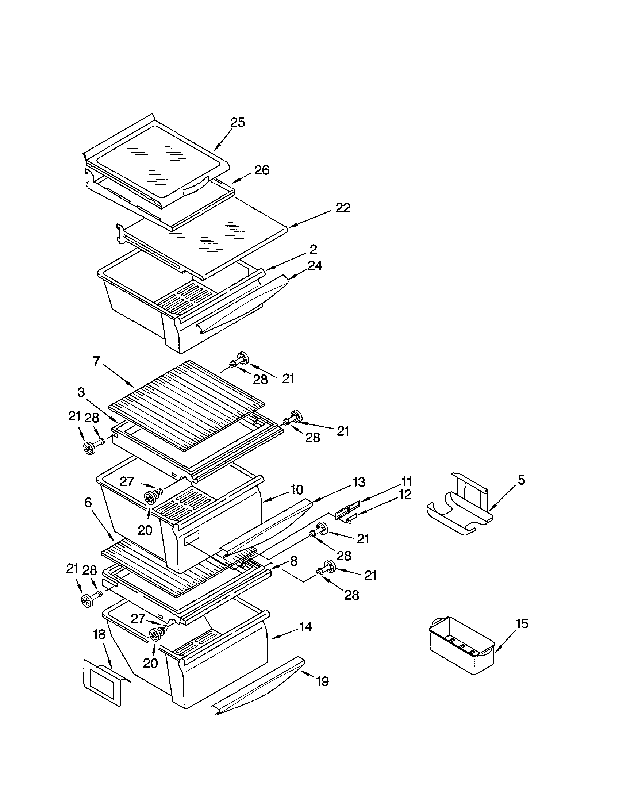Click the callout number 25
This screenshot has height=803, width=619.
tap(238, 122)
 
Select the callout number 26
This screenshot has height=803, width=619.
tap(262, 170)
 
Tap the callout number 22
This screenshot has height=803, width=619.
tap(343, 208)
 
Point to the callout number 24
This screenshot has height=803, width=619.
tap(314, 265)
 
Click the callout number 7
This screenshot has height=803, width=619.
tap(96, 361)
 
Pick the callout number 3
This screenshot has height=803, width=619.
tap(81, 392)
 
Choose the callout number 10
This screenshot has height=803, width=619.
tap(296, 490)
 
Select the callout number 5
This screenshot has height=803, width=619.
tap(521, 480)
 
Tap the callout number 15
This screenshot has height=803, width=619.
tap(522, 623)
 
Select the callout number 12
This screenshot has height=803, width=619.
tap(404, 495)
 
